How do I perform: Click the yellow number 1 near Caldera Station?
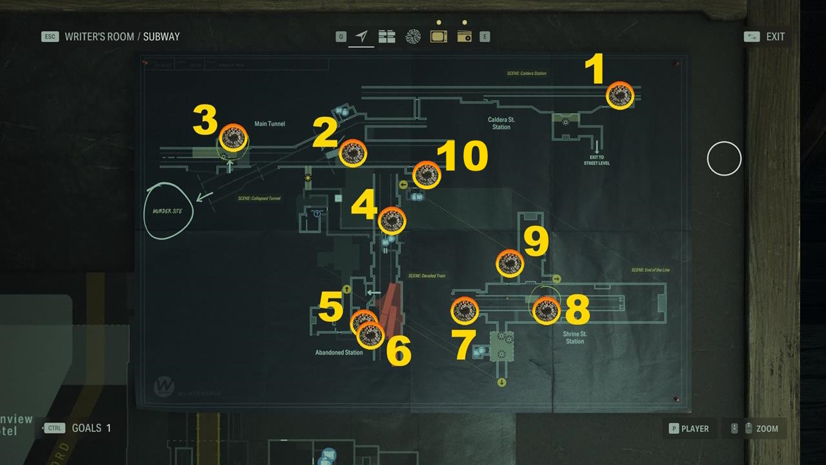(594, 70)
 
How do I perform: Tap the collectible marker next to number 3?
(233, 138)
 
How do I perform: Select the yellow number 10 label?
(462, 158)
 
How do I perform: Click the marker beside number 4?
(392, 221)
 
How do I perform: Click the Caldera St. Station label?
(501, 123)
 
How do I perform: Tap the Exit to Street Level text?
(596, 160)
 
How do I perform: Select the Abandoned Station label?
(339, 353)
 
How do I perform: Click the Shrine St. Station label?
(574, 337)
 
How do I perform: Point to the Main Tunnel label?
(270, 124)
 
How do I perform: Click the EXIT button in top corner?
(775, 37)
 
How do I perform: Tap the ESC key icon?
(50, 37)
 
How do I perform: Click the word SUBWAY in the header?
(161, 37)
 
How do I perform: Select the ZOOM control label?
(767, 428)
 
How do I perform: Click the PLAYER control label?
(694, 428)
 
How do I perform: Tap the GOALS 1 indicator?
(91, 428)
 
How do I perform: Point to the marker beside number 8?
(546, 311)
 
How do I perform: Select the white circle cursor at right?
(724, 158)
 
